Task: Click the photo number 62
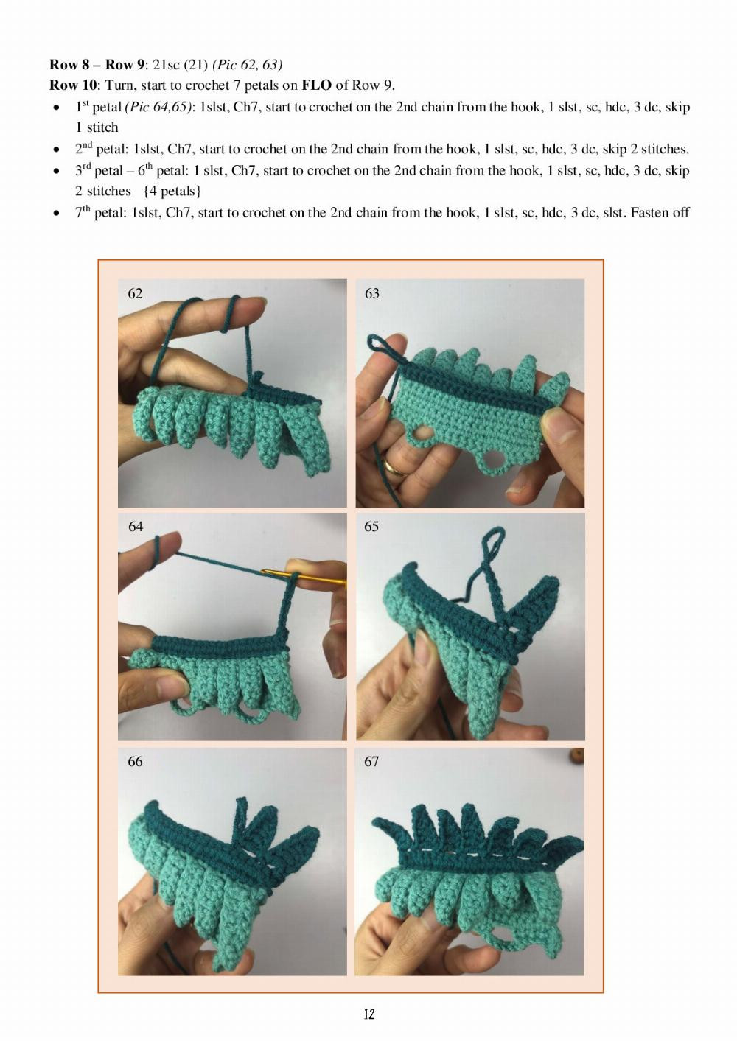point(135,293)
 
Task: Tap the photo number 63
point(372,293)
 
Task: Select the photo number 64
point(136,527)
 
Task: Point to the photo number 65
point(371,527)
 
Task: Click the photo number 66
point(135,761)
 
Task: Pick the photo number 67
point(371,761)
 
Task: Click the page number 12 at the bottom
point(368,1014)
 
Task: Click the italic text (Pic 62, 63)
point(247,65)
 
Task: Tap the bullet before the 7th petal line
point(56,214)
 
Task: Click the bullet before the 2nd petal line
point(56,150)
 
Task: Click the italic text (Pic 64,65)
point(158,108)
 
